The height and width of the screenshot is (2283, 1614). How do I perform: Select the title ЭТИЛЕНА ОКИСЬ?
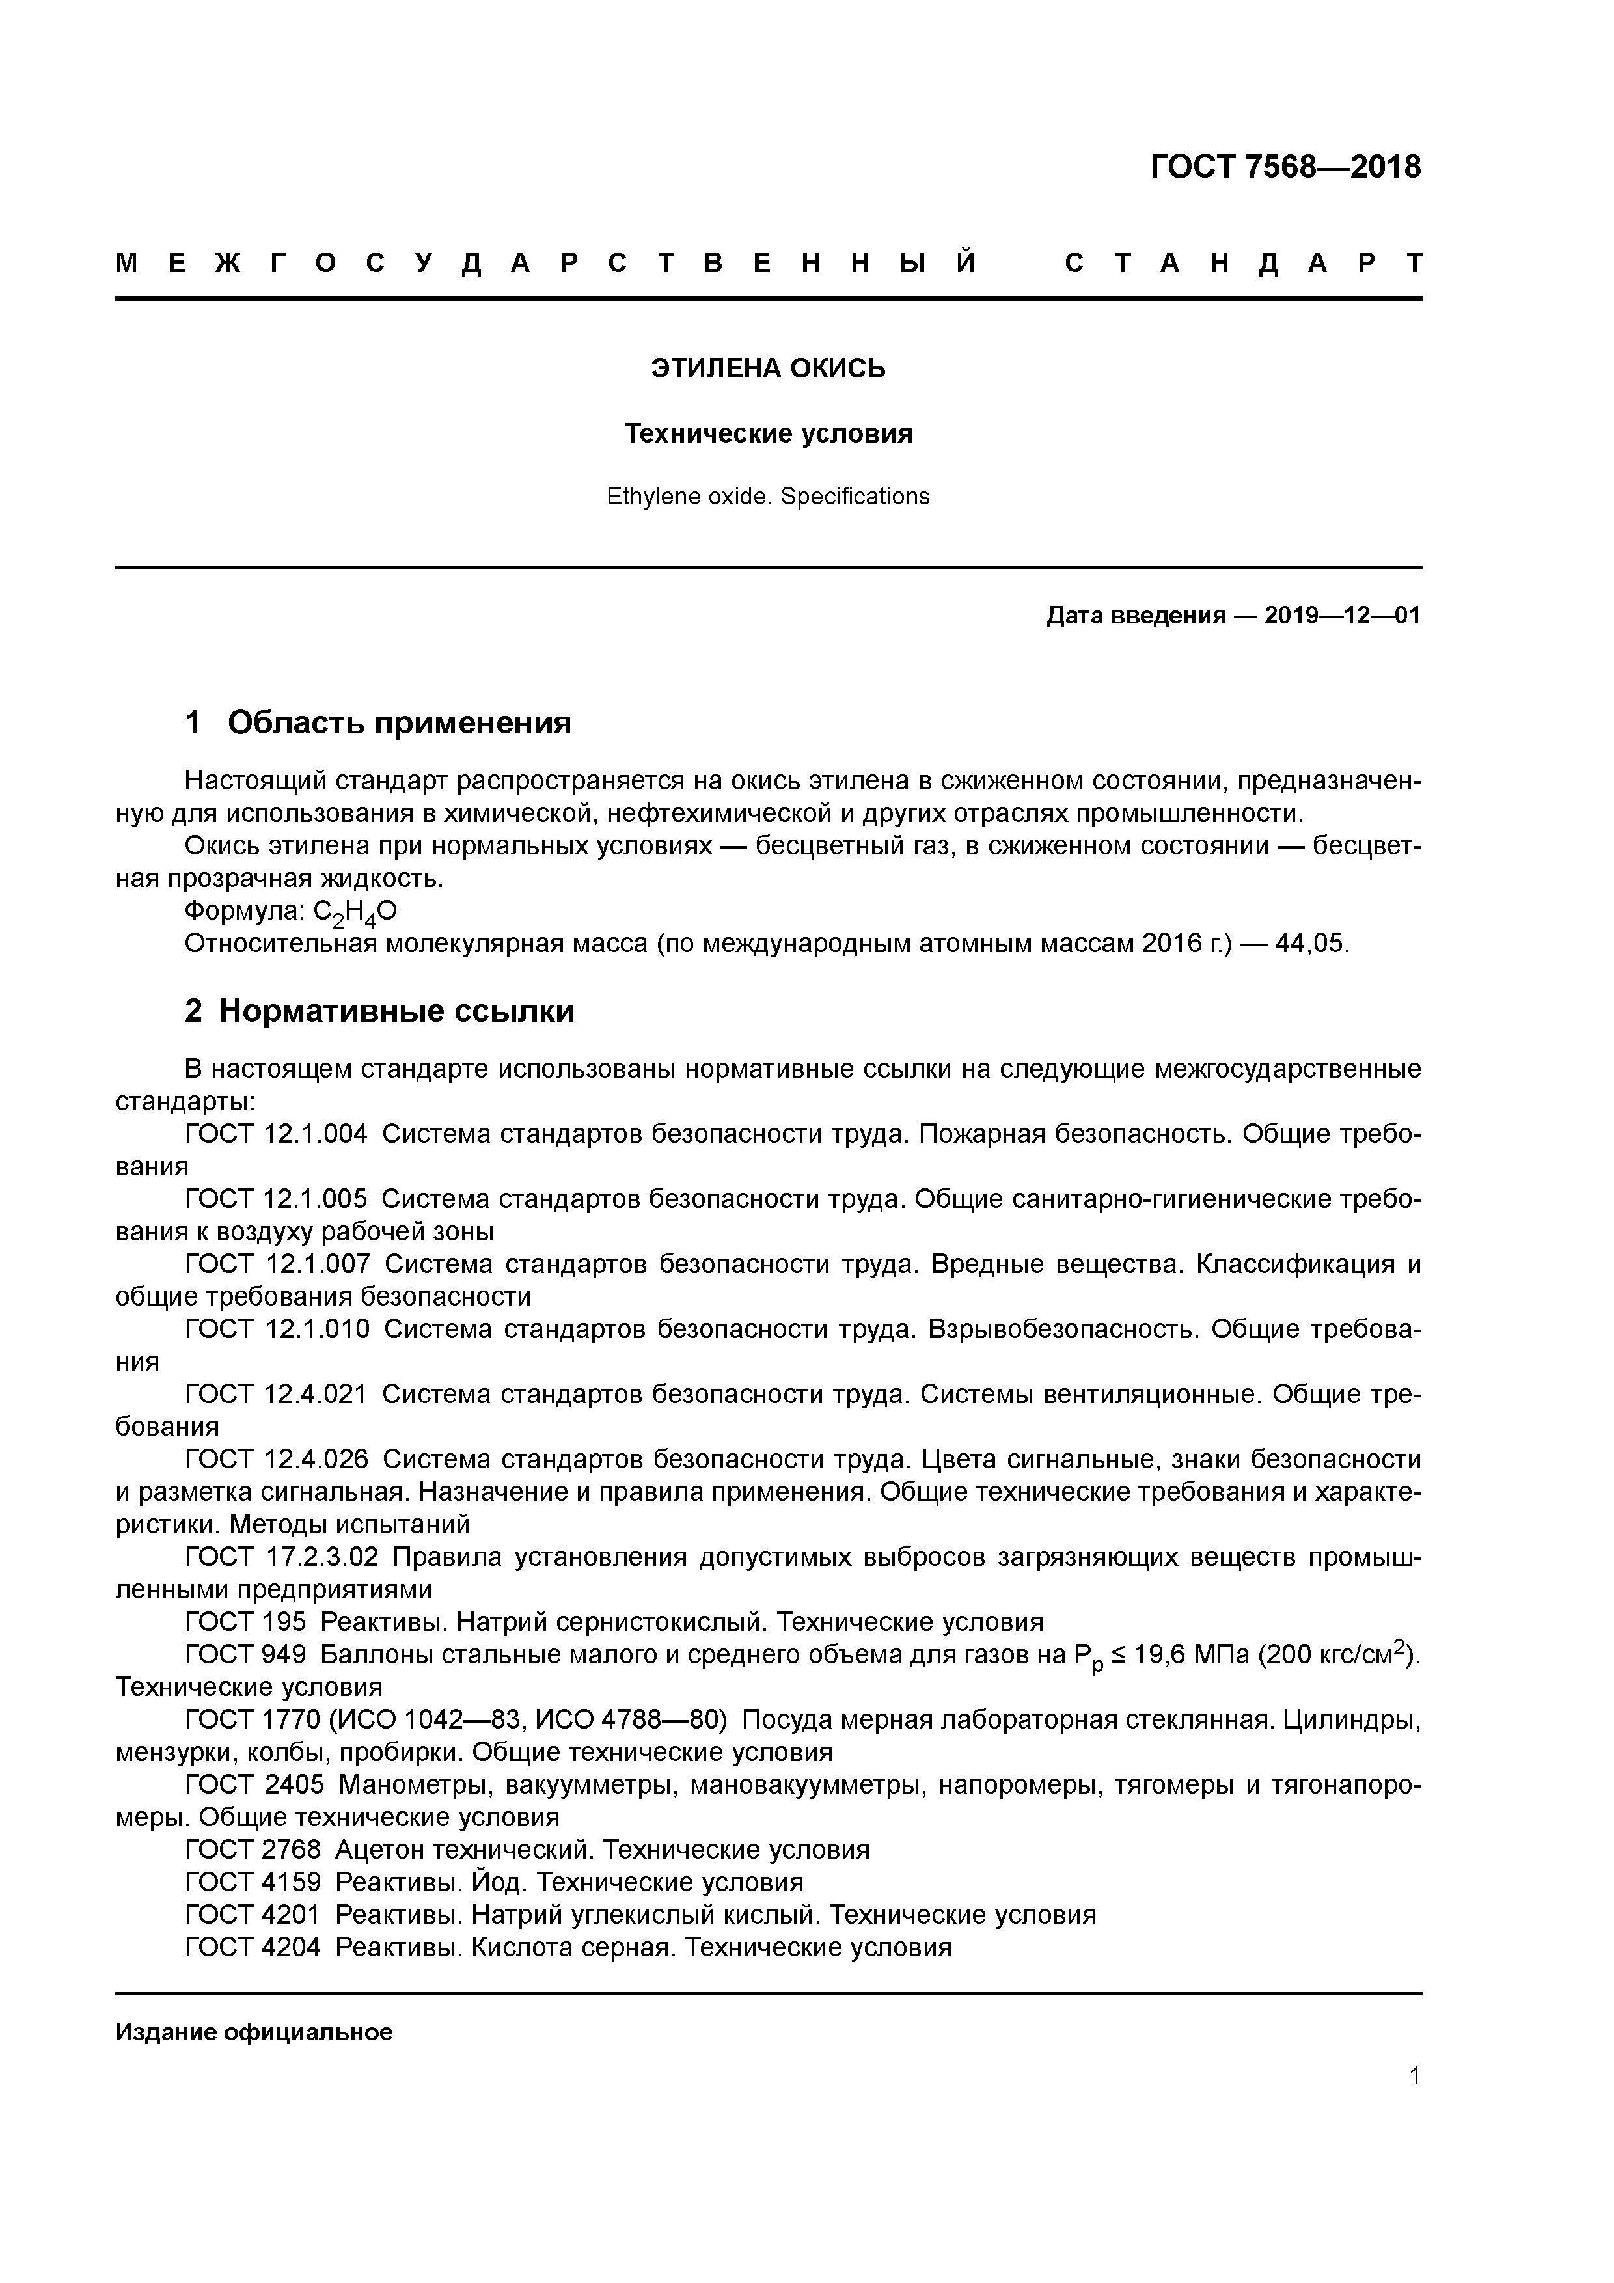tap(768, 369)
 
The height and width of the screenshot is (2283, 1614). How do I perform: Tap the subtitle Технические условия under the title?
tap(768, 435)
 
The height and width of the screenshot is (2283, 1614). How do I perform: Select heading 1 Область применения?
tap(378, 723)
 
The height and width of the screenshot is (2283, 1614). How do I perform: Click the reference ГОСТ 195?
tap(245, 1622)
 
